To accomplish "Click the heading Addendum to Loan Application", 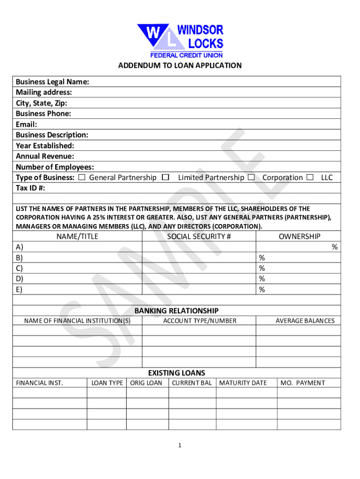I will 180,65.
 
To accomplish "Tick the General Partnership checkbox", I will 82,178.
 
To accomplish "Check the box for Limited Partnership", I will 165,178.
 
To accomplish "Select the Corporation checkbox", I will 252,178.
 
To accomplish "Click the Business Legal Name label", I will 52,82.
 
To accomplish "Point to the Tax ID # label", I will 32,188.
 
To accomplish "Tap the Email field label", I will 26,124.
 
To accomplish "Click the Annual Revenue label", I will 45,156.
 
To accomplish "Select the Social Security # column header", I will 199,237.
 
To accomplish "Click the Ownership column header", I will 299,237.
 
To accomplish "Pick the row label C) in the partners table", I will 19,269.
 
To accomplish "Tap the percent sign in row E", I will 262,290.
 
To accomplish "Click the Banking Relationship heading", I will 177,311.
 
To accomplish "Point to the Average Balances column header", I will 305,321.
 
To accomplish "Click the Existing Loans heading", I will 177,373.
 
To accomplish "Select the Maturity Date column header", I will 243,383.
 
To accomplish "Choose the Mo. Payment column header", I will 302,383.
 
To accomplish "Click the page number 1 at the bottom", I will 179,446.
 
